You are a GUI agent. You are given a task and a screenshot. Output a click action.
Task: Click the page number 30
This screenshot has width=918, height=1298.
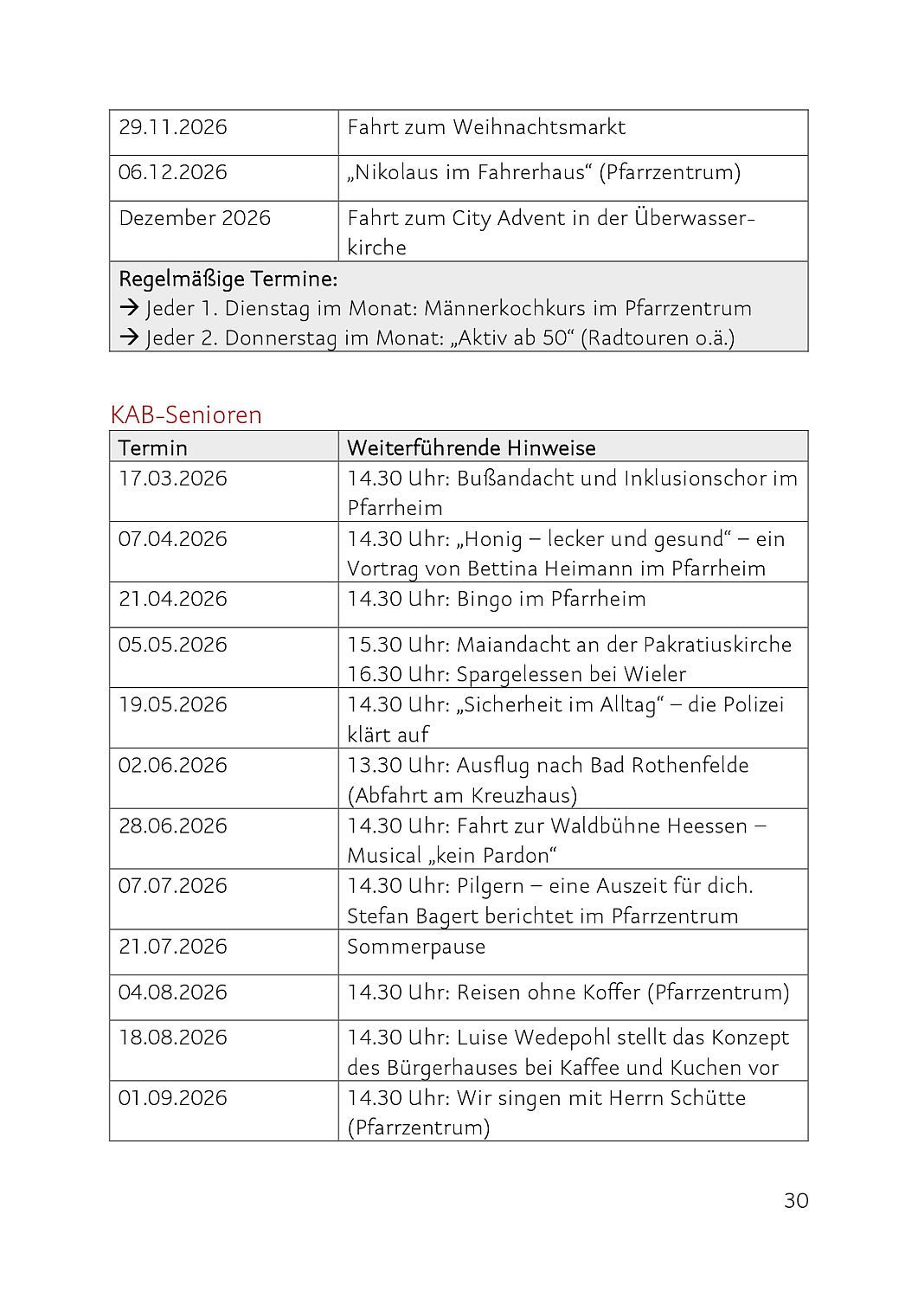coord(795,1200)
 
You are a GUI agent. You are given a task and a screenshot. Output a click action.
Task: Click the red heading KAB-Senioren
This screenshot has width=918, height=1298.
coord(186,415)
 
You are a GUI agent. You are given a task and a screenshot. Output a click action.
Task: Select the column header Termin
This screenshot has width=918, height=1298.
coord(153,447)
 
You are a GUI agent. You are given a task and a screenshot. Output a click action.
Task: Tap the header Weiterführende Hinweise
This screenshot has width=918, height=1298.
coord(471,447)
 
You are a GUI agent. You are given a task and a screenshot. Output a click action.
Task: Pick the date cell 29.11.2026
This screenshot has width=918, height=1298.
coord(173,127)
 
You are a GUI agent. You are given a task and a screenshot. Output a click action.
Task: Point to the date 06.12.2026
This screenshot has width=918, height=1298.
coord(173,172)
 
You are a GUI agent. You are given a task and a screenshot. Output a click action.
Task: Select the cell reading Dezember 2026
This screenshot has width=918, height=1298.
coord(195,218)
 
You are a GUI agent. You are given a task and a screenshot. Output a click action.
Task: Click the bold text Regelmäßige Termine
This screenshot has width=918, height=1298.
coord(228,279)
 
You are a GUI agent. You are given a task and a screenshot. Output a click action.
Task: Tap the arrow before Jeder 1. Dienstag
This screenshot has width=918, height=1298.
coord(129,308)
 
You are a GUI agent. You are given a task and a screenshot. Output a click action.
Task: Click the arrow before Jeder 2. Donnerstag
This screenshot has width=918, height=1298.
coord(129,337)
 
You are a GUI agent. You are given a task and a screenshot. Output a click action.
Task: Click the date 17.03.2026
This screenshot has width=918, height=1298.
coord(173,479)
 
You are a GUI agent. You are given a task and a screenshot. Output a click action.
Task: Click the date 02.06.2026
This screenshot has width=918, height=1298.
coord(173,765)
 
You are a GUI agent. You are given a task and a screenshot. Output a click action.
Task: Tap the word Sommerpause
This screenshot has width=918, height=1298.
coord(416,947)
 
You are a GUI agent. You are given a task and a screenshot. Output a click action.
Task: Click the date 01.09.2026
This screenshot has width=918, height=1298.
coord(173,1097)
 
